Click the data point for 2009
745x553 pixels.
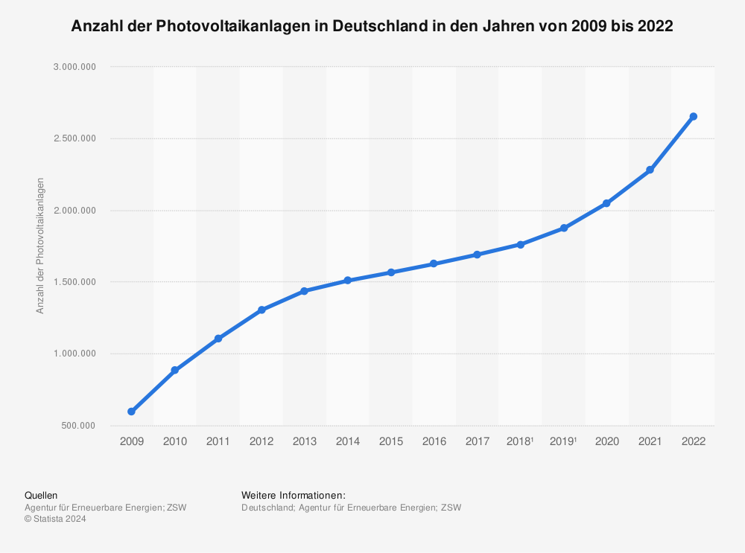(x=131, y=412)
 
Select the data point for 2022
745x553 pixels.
(x=694, y=116)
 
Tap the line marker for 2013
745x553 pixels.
(x=304, y=291)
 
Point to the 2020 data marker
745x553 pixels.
(x=606, y=203)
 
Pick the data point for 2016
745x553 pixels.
(x=434, y=263)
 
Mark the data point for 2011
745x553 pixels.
(x=218, y=339)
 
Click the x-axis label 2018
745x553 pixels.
(x=519, y=441)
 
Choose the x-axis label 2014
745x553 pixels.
(x=347, y=441)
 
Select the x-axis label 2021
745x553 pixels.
(x=650, y=441)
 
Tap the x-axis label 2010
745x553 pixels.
(x=174, y=441)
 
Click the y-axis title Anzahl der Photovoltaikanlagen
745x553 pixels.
(x=40, y=246)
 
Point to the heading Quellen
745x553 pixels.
(x=41, y=495)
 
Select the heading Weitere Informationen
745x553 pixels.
(x=294, y=495)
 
